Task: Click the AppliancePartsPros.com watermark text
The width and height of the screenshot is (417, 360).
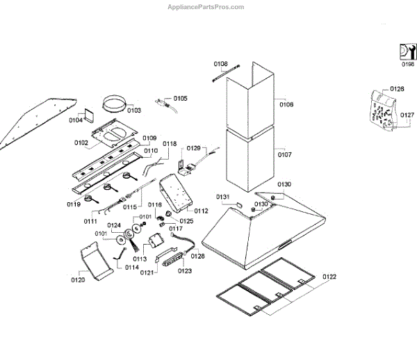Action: pos(206,6)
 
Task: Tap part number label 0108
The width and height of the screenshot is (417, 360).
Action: pos(220,64)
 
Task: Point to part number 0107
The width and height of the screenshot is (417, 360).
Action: pos(285,154)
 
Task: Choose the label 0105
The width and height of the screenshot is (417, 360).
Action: pos(180,98)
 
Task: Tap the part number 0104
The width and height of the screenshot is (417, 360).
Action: pos(76,120)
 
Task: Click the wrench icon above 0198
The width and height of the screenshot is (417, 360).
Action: pos(407,51)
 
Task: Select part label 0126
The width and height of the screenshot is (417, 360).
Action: pos(397,90)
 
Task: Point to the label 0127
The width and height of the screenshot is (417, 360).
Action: pos(408,115)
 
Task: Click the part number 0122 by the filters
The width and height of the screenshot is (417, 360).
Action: pos(329,277)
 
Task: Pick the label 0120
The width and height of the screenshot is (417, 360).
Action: pos(77,280)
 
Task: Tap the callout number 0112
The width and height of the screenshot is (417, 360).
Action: pos(202,211)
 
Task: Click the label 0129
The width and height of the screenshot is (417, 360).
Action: pos(194,148)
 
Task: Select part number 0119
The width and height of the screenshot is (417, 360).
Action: pos(74,204)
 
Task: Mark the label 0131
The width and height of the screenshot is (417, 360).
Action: pos(222,197)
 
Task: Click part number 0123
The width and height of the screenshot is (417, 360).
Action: pos(184,271)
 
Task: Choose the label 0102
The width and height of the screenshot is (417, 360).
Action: pos(81,143)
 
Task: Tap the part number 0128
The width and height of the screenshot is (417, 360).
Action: pos(197,256)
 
